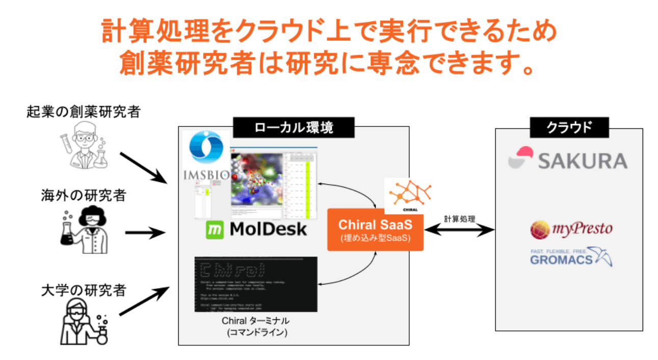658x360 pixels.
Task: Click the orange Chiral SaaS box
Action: [375, 229]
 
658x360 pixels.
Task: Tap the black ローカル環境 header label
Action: [294, 127]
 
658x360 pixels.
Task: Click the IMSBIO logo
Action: [206, 156]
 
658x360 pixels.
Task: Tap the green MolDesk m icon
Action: [215, 229]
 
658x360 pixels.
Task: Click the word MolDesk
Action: [268, 229]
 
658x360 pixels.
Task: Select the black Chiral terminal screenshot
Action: [255, 284]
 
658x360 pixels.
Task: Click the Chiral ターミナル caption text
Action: [255, 321]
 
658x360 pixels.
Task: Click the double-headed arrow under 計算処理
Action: [459, 230]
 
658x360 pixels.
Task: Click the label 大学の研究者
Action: [83, 291]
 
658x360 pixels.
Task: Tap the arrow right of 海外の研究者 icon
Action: [146, 233]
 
